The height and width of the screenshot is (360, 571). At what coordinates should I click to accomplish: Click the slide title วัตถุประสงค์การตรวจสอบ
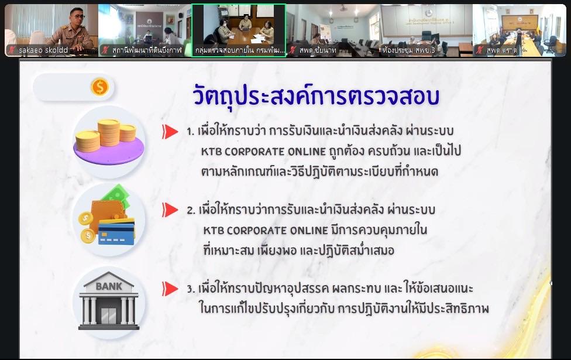coord(316,96)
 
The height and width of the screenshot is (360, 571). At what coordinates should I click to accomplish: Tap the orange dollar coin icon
coord(99,87)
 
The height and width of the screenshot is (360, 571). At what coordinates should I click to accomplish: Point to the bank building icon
coord(110,300)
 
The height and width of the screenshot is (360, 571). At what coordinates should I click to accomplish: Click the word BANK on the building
coord(109,287)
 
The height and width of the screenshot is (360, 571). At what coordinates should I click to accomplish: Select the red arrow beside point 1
coord(170,131)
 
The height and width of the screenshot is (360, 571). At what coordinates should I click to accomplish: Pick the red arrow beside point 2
coord(170,210)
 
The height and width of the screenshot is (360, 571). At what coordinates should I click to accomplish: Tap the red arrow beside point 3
coord(170,289)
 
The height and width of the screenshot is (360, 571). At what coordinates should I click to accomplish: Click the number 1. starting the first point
coord(191,132)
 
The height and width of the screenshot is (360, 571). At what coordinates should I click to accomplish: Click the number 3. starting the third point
coord(191,289)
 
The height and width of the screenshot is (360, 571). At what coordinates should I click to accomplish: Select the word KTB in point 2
coord(214,230)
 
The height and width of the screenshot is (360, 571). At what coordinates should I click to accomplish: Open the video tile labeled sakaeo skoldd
coord(51,30)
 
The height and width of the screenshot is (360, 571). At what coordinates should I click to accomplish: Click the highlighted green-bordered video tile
coord(239,30)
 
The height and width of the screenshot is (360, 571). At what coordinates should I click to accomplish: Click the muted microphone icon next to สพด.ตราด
coord(480,50)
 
